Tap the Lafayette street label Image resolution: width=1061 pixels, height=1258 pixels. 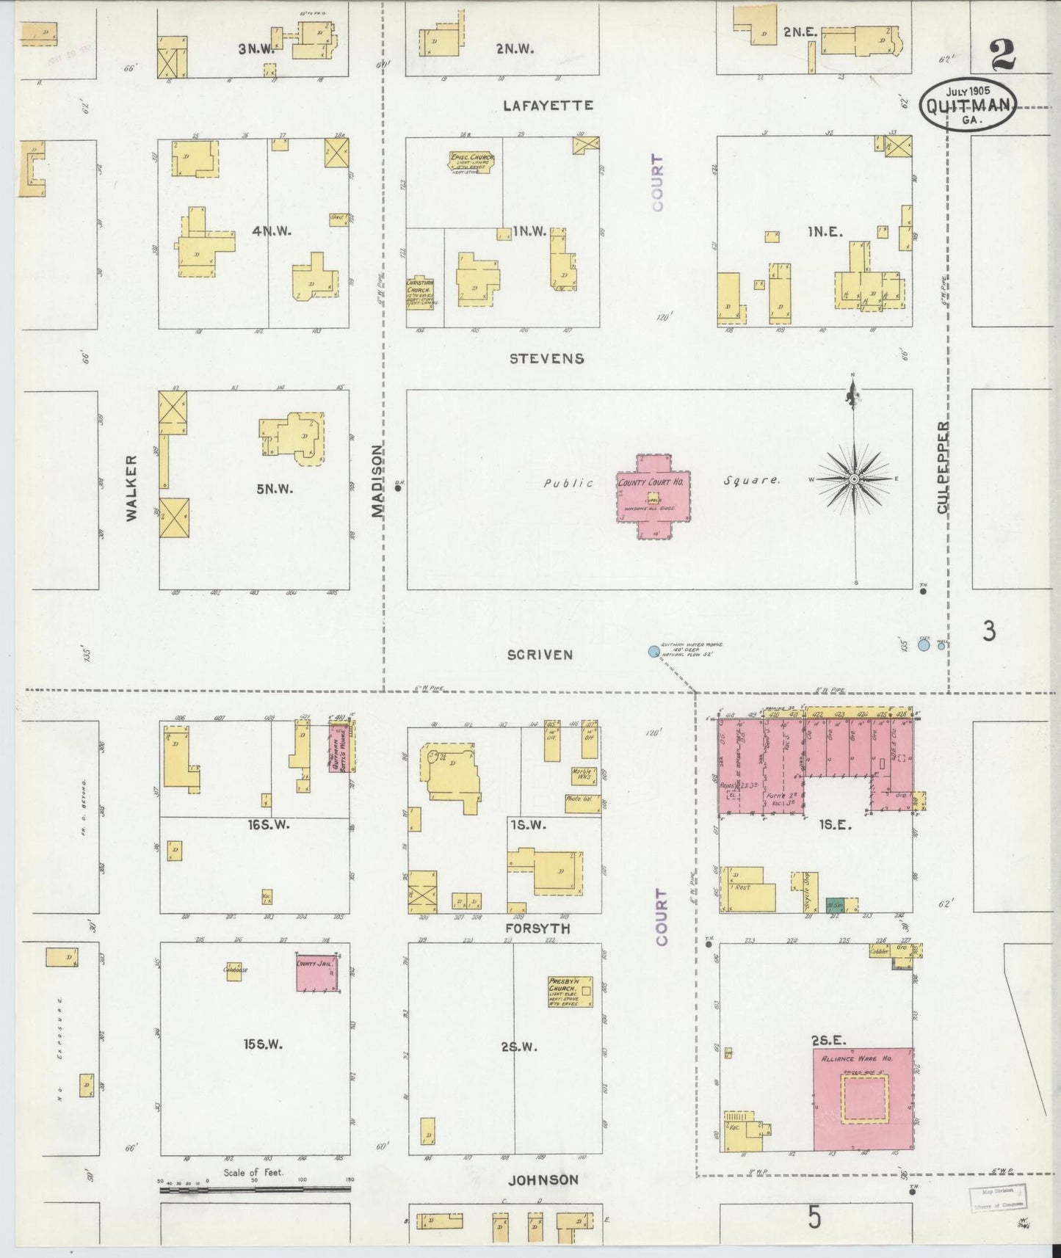tap(548, 106)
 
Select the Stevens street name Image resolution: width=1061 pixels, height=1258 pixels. tap(548, 358)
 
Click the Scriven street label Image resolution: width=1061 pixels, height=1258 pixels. tap(540, 655)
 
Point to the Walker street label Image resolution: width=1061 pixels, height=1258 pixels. tap(131, 488)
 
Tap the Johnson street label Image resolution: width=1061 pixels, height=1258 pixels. tap(543, 1180)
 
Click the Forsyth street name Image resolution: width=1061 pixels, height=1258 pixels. tap(538, 928)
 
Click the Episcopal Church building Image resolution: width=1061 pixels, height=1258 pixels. tap(472, 162)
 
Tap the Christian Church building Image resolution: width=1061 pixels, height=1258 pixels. tap(420, 291)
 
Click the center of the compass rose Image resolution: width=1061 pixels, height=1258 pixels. tap(854, 479)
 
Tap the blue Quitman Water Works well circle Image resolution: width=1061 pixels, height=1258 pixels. tap(653, 651)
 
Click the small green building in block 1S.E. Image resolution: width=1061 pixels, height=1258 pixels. tap(834, 904)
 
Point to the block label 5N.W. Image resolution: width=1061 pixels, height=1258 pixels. tap(275, 488)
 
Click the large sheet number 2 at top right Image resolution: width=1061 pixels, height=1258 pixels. tap(1003, 54)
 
